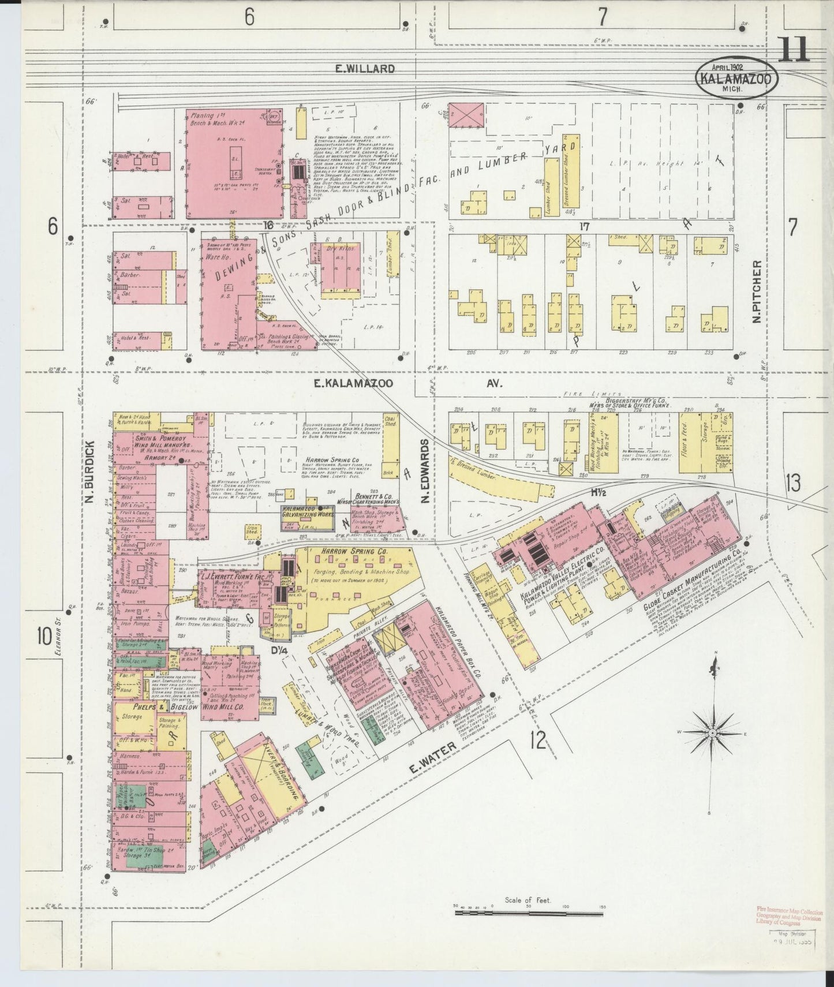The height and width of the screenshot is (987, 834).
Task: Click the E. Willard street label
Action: point(365,69)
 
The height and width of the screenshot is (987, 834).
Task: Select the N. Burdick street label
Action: point(90,472)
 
